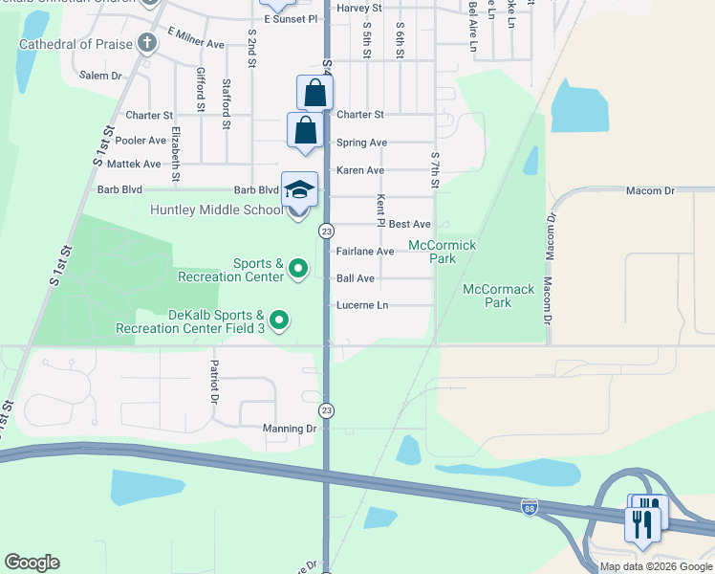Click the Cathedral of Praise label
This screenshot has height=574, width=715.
click(76, 44)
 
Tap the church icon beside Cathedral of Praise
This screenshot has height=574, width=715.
click(146, 43)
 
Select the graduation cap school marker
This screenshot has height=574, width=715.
click(299, 189)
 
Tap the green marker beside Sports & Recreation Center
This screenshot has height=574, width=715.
click(298, 270)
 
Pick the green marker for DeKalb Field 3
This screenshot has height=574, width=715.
click(279, 320)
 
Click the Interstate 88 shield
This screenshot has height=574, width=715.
click(530, 506)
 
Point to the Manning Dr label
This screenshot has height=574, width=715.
click(290, 430)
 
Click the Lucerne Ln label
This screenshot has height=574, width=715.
click(362, 306)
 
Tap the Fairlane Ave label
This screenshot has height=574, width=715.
click(365, 252)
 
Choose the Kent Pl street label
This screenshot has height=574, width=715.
click(380, 210)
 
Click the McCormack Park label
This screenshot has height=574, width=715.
click(498, 296)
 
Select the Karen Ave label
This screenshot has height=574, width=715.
click(360, 170)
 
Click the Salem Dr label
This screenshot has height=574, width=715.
click(101, 75)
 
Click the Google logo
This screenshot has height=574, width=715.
click(32, 563)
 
